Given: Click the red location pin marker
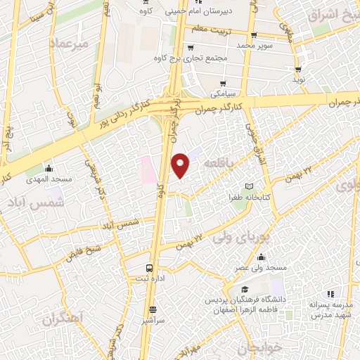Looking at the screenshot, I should (x=181, y=165).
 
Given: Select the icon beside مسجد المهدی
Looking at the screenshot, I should (x=49, y=169).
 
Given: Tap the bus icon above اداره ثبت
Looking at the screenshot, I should (x=148, y=268).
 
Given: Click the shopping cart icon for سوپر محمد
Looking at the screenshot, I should (x=254, y=35).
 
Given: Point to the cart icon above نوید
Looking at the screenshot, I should (x=300, y=69).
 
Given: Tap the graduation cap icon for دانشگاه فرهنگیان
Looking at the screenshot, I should (x=243, y=289).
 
